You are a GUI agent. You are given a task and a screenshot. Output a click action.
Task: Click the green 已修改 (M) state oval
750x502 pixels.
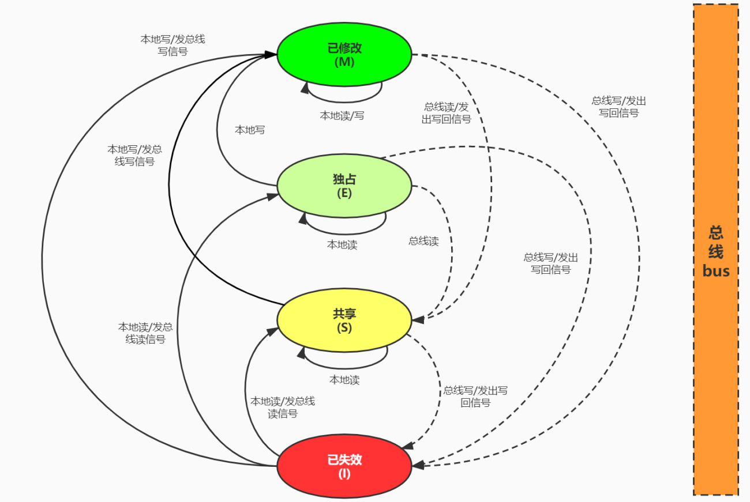click(x=344, y=55)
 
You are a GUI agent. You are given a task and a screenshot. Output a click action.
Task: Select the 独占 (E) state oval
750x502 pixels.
click(x=344, y=186)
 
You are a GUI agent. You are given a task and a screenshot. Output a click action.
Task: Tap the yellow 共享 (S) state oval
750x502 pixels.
click(x=344, y=320)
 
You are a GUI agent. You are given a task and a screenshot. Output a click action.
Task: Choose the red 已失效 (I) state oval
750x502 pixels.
click(x=344, y=466)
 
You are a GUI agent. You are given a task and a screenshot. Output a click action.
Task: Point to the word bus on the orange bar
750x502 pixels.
click(x=716, y=271)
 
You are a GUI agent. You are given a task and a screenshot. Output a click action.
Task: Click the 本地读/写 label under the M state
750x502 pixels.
click(x=342, y=115)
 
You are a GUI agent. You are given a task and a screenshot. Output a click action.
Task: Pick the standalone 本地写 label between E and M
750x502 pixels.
click(x=250, y=130)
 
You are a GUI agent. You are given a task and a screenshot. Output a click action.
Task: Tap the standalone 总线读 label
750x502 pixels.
click(x=423, y=241)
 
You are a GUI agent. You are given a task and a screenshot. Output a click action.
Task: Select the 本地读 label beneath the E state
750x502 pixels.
click(x=342, y=244)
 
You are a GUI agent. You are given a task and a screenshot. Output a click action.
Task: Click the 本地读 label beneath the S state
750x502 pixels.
click(x=344, y=380)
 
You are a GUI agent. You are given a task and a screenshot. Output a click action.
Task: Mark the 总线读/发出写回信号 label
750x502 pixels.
click(x=447, y=113)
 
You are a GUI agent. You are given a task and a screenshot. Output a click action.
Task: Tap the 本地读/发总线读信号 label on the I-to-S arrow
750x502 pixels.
click(x=283, y=407)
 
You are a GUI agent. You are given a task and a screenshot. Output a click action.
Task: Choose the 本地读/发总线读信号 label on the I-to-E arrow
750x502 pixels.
click(x=145, y=333)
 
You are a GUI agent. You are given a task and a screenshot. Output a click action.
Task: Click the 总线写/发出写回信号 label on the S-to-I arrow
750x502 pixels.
click(x=475, y=397)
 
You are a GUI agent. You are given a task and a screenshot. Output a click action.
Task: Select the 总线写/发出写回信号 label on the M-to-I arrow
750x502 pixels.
click(x=618, y=107)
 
